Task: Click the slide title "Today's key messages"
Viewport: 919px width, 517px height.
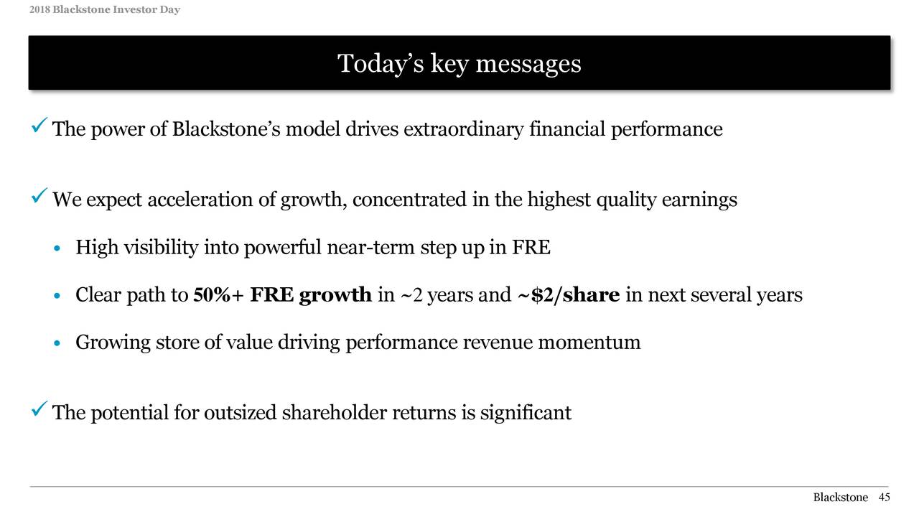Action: click(459, 64)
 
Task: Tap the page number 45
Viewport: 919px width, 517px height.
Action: click(884, 498)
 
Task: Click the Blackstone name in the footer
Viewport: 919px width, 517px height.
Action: click(840, 498)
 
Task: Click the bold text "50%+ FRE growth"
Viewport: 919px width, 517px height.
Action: click(282, 295)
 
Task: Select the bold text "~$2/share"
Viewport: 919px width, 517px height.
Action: click(568, 295)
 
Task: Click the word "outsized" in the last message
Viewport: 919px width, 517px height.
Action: click(241, 413)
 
